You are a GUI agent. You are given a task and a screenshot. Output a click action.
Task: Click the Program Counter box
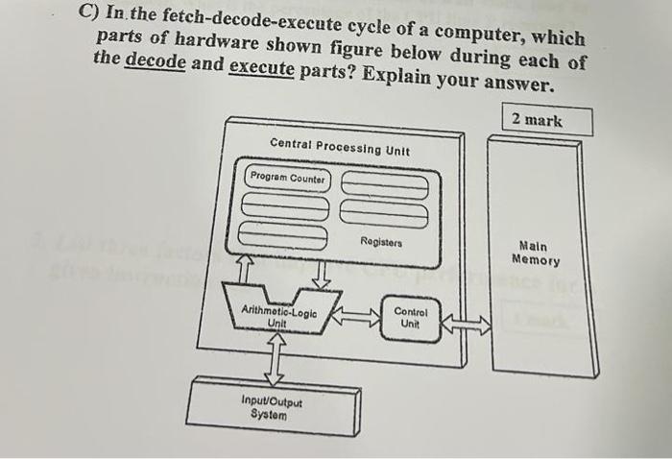(x=287, y=178)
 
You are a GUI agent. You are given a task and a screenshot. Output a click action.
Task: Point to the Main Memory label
(x=537, y=253)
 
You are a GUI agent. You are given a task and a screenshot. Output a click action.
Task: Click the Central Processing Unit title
(x=340, y=147)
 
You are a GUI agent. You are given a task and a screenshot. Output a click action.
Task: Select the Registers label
(x=382, y=243)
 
